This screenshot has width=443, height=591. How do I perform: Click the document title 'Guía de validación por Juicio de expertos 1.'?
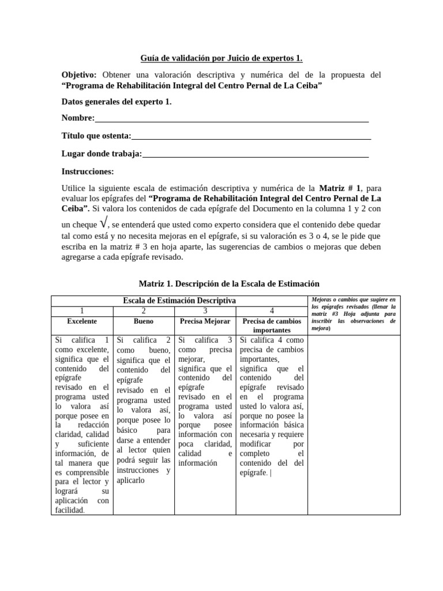click(x=221, y=58)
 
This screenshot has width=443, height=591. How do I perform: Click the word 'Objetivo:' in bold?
click(x=79, y=75)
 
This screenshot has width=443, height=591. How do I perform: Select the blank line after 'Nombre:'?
click(x=231, y=118)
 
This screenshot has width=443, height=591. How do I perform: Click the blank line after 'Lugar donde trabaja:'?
click(x=256, y=154)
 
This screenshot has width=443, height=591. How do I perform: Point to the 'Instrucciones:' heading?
click(x=88, y=171)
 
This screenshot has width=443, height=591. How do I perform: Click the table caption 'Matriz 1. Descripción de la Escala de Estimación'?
click(x=229, y=284)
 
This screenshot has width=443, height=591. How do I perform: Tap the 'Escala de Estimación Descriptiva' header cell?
click(x=179, y=301)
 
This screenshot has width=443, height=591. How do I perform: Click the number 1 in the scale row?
click(x=82, y=311)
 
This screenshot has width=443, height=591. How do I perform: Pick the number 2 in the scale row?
click(x=144, y=311)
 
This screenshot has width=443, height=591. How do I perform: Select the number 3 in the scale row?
click(x=205, y=311)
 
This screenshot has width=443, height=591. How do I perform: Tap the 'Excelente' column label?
click(x=82, y=321)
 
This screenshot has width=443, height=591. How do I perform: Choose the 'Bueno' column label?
click(x=144, y=321)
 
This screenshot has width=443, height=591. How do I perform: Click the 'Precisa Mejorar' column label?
click(x=205, y=321)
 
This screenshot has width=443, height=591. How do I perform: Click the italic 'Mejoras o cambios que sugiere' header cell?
click(x=353, y=314)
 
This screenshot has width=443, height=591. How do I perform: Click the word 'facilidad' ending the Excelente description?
click(x=69, y=510)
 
